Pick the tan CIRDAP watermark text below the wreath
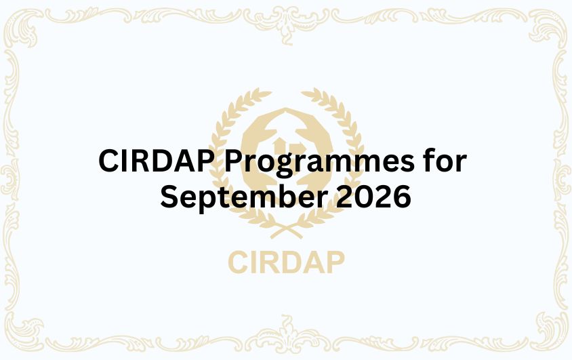coord(286,261)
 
